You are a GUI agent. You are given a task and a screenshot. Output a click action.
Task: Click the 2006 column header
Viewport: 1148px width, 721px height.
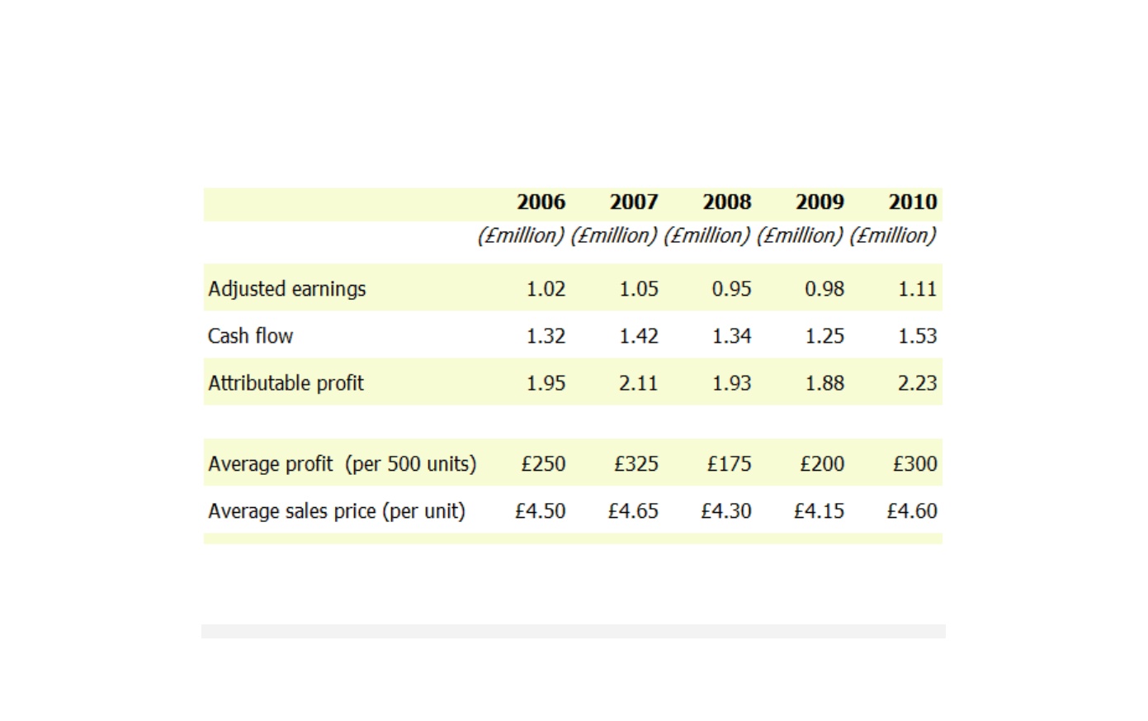pyautogui.click(x=541, y=202)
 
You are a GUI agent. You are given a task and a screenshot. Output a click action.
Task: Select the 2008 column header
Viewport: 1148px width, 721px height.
pyautogui.click(x=727, y=202)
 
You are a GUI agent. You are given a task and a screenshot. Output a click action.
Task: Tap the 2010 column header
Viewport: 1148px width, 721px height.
pyautogui.click(x=913, y=202)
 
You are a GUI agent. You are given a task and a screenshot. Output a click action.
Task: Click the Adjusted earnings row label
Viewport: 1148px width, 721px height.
pyautogui.click(x=287, y=290)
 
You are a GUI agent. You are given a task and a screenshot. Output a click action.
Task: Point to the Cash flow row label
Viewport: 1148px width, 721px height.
pyautogui.click(x=251, y=336)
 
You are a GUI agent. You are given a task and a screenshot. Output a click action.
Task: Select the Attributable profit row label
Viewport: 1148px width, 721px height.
pyautogui.click(x=286, y=383)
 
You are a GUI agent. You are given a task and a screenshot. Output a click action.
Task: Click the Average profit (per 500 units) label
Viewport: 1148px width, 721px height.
pyautogui.click(x=343, y=464)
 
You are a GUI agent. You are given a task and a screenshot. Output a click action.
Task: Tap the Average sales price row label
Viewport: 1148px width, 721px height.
pyautogui.click(x=337, y=511)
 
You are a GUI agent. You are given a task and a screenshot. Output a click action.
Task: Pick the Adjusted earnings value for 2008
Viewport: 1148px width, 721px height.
pyautogui.click(x=732, y=289)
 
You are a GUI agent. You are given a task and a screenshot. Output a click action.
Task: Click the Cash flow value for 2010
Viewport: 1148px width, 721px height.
pyautogui.click(x=918, y=336)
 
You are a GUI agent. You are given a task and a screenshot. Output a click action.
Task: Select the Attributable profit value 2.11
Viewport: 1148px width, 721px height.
pyautogui.click(x=639, y=383)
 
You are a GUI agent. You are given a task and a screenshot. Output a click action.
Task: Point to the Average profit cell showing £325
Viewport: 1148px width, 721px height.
pyautogui.click(x=636, y=464)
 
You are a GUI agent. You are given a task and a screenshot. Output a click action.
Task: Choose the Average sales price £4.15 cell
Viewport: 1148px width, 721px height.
pyautogui.click(x=819, y=511)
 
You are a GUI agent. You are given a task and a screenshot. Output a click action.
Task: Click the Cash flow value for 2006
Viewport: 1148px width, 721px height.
pyautogui.click(x=546, y=336)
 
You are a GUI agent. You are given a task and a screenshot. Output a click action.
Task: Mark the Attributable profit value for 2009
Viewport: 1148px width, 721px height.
pyautogui.click(x=824, y=383)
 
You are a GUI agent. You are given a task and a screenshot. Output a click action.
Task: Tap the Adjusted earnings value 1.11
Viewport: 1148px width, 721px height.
pyautogui.click(x=918, y=289)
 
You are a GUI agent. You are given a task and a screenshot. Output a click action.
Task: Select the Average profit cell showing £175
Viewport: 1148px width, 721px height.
pyautogui.click(x=730, y=464)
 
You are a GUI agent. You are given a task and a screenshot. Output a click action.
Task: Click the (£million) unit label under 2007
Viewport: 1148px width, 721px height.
pyautogui.click(x=614, y=236)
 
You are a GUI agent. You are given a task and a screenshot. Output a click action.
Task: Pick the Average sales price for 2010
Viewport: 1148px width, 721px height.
pyautogui.click(x=912, y=511)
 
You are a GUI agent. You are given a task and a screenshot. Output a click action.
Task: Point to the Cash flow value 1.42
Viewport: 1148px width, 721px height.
pyautogui.click(x=639, y=336)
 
